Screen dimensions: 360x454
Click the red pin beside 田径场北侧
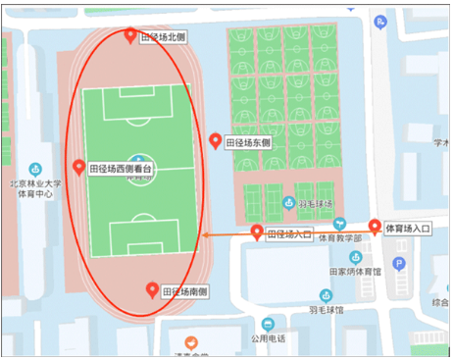(x=132, y=36)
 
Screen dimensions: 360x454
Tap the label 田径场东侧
(x=249, y=142)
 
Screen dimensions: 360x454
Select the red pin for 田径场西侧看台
(x=79, y=167)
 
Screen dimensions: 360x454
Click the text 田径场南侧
(x=185, y=292)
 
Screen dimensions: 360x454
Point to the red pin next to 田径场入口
(x=257, y=233)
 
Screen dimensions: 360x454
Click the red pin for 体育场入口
(x=375, y=228)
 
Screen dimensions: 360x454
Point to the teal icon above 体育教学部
(x=339, y=223)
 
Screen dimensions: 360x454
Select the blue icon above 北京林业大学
(x=35, y=169)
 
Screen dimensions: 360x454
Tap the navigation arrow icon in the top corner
(x=380, y=19)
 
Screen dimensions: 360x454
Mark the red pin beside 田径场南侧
(x=152, y=290)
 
